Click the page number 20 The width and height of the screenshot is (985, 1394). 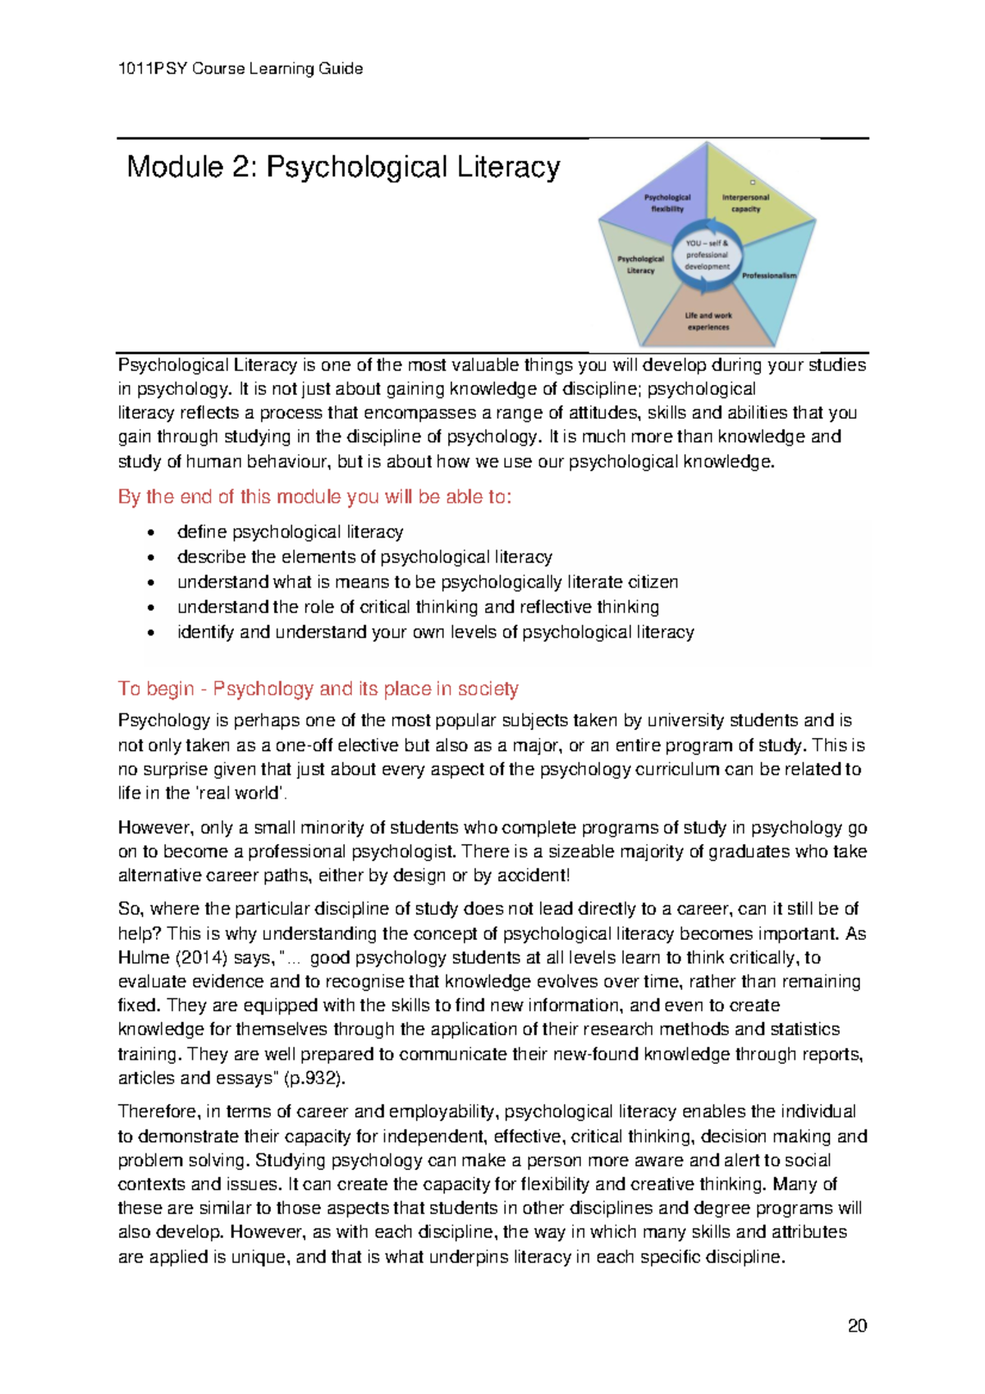pos(857,1325)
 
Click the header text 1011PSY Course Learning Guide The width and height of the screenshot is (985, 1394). pos(241,69)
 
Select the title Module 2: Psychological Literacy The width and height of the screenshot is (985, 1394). pos(343,167)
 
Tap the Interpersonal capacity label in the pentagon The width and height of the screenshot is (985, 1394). pos(745,203)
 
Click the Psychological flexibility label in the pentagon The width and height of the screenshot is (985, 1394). pos(667,203)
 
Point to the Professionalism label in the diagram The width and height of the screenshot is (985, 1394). pos(769,276)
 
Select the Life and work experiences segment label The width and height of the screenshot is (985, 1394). pos(708,321)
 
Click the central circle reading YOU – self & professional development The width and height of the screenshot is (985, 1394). pos(707,254)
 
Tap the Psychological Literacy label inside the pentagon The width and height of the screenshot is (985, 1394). pos(640,264)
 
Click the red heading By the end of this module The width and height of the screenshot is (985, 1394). pos(314,497)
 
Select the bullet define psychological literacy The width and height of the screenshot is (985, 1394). pos(290,532)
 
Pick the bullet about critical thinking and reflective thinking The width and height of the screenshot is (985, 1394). pos(418,607)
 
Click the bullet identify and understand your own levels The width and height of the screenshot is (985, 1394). pos(435,632)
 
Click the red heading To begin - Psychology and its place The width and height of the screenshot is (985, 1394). pos(318,689)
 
